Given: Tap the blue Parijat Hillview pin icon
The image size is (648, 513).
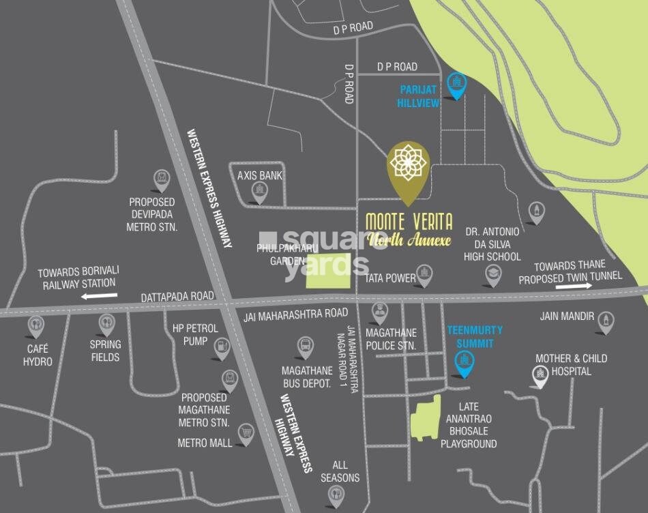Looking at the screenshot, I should [456, 85].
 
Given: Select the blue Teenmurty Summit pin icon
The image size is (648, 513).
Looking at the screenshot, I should [465, 364].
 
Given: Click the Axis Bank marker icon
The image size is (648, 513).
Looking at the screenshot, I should [259, 193].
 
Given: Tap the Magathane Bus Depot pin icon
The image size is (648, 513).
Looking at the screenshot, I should [306, 347].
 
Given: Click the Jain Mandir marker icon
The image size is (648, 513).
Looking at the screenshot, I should [604, 321].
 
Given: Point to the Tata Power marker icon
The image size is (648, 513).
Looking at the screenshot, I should [426, 275].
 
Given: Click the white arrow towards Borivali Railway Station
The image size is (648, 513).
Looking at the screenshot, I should [99, 296].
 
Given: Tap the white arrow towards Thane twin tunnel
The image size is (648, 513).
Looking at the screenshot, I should [574, 287].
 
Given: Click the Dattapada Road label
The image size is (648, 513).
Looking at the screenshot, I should [177, 298].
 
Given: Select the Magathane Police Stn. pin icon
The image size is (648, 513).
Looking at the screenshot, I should [379, 313].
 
